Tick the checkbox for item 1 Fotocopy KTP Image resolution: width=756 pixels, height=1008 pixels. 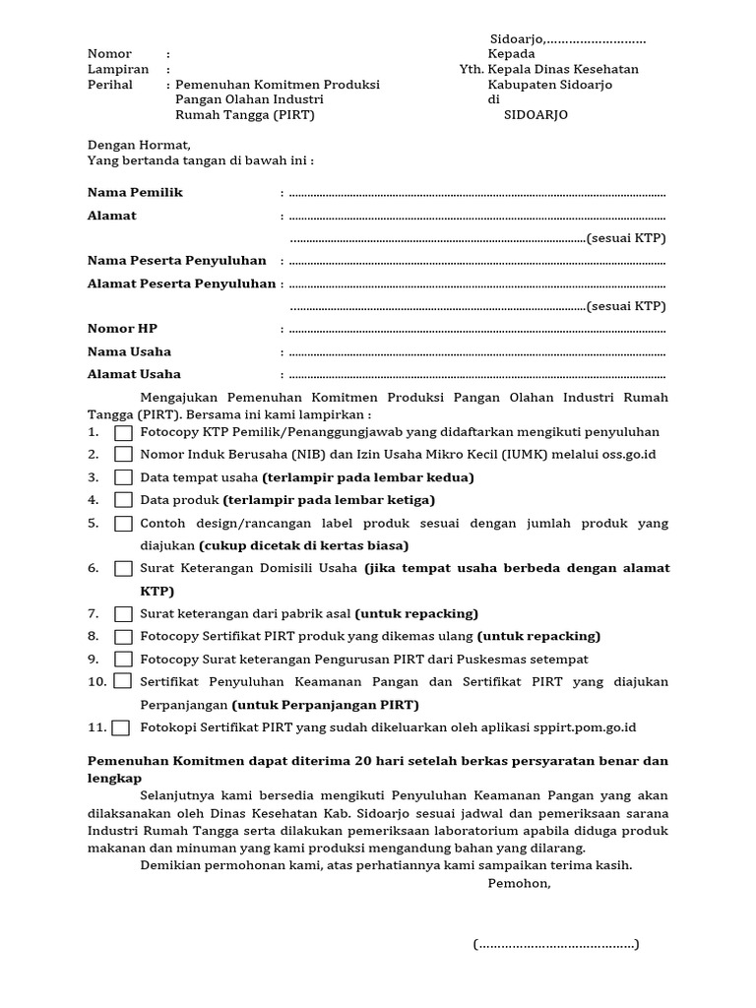click(x=123, y=432)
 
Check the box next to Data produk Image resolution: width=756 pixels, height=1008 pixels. click(x=123, y=500)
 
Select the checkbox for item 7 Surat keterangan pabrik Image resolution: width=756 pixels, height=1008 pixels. click(x=123, y=614)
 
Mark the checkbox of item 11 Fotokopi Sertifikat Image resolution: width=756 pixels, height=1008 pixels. click(x=120, y=728)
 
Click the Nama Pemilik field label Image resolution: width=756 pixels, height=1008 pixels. click(x=135, y=193)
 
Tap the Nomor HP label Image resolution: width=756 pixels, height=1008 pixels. click(x=122, y=329)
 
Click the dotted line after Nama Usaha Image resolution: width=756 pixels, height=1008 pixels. click(x=477, y=352)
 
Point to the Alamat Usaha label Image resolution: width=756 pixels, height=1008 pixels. click(x=134, y=375)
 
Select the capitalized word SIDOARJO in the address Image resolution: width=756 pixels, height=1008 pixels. click(x=535, y=115)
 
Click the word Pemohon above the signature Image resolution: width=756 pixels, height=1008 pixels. click(x=519, y=883)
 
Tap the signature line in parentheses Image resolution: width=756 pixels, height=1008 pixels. click(x=556, y=945)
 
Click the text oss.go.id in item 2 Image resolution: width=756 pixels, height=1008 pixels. click(x=628, y=455)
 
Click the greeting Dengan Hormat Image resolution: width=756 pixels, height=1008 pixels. click(x=139, y=145)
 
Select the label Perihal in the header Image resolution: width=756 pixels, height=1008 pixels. click(x=109, y=86)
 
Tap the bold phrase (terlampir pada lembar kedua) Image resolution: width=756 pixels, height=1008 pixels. click(x=368, y=477)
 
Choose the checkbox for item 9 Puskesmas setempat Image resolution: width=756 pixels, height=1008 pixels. click(x=123, y=660)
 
